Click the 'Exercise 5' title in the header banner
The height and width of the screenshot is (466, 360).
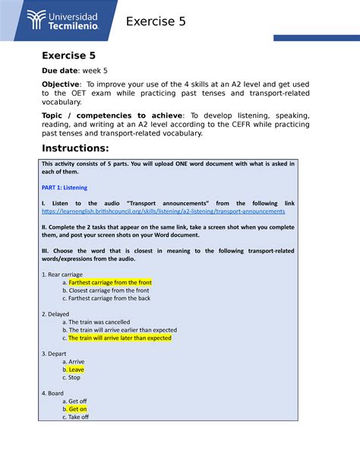155,22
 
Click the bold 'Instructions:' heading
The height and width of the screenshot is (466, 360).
75,147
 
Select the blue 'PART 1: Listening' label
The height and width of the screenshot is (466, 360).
65,187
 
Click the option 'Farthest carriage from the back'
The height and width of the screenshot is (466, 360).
109,298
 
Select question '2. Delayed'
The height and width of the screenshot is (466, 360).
55,314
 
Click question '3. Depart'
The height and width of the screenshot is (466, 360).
55,353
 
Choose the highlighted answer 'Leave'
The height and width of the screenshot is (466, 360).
76,369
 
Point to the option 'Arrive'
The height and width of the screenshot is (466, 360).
76,362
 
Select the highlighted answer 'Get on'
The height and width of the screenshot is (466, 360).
77,409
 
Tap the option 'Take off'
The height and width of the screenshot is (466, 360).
78,417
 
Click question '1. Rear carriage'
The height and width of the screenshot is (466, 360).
62,274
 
